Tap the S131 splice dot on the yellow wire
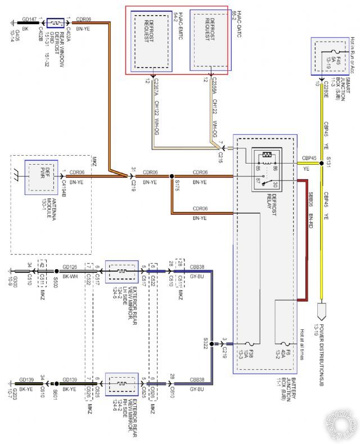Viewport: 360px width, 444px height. click(322, 163)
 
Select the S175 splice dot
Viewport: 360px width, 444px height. click(171, 176)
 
